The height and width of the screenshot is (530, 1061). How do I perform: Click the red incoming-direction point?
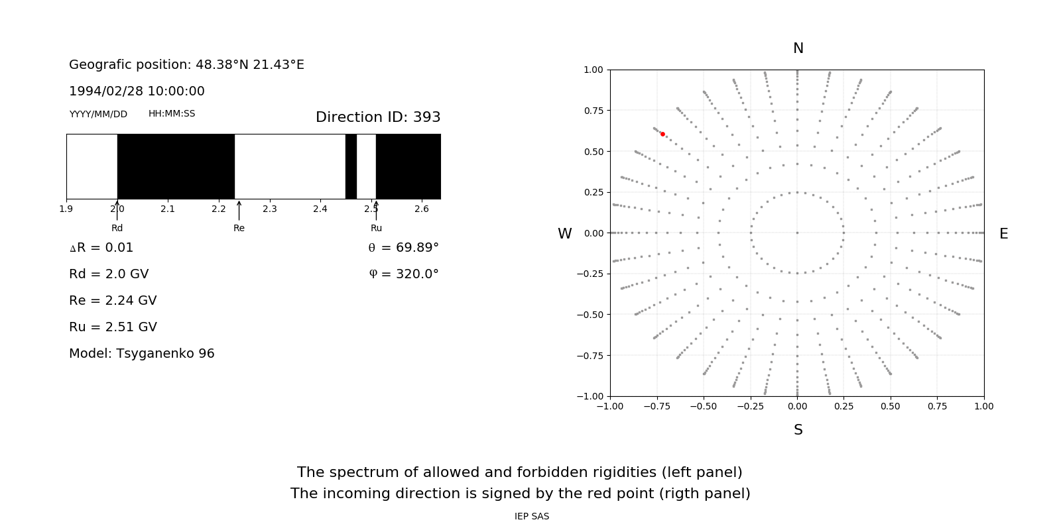[x=662, y=134]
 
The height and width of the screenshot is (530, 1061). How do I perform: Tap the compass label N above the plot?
[x=798, y=48]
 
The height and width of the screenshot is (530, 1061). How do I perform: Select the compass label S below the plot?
[x=798, y=430]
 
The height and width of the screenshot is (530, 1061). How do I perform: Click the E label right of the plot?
[x=1003, y=234]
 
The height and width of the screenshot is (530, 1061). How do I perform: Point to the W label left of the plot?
[x=564, y=234]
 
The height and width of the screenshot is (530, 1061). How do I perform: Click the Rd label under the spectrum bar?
[x=117, y=229]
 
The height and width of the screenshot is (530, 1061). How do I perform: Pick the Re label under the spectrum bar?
[x=239, y=229]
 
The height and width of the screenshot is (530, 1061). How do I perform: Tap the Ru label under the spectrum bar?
[x=376, y=229]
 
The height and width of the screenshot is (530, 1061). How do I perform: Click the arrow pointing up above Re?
[x=239, y=210]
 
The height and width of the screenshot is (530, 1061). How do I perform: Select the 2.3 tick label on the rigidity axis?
[x=269, y=209]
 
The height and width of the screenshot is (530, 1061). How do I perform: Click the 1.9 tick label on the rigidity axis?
[x=66, y=209]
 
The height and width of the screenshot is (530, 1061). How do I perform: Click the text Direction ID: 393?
[x=378, y=117]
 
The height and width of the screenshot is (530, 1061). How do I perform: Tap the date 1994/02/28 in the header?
[x=98, y=91]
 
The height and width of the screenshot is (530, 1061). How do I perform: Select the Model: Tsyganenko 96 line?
[x=142, y=354]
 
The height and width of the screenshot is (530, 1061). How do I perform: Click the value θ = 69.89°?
[x=403, y=248]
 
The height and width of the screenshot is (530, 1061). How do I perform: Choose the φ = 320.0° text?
[x=403, y=274]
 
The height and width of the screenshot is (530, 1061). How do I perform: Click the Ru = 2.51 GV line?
[x=113, y=327]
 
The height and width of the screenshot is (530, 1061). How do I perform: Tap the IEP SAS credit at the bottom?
[x=532, y=517]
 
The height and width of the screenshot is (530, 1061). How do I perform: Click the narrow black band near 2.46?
[x=351, y=166]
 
